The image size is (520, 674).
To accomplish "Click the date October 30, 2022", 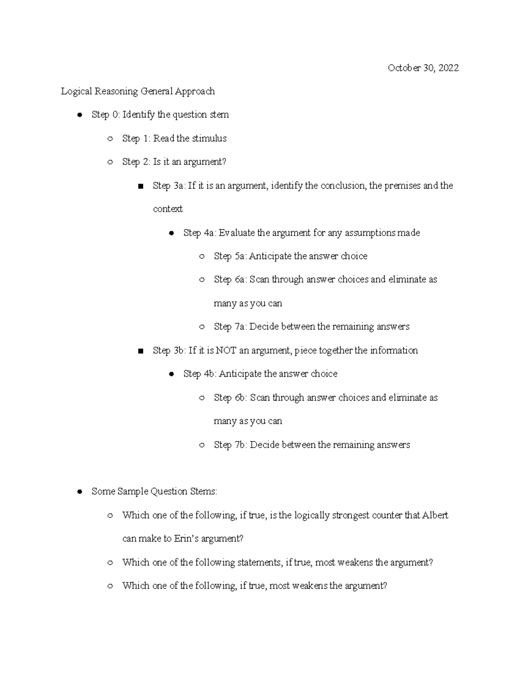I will (x=423, y=68).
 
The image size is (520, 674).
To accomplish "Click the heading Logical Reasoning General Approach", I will (x=138, y=91).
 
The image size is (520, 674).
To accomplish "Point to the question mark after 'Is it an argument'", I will (x=224, y=162).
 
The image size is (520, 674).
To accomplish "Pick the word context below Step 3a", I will (x=168, y=209).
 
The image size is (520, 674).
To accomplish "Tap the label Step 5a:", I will (x=231, y=256).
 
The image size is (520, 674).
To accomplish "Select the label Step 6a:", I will (x=231, y=279).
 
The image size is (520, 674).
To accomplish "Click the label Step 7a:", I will (x=231, y=326).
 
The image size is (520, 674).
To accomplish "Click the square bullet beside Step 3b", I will (x=140, y=351).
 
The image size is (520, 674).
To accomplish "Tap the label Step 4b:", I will (x=200, y=374).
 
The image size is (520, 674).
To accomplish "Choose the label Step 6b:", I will (x=231, y=398).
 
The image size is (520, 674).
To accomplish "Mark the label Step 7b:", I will (x=231, y=444).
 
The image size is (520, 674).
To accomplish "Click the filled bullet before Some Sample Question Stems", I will (x=79, y=492).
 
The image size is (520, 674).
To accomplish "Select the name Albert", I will (x=435, y=515).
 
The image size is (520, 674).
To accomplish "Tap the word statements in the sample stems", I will (x=259, y=562).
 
